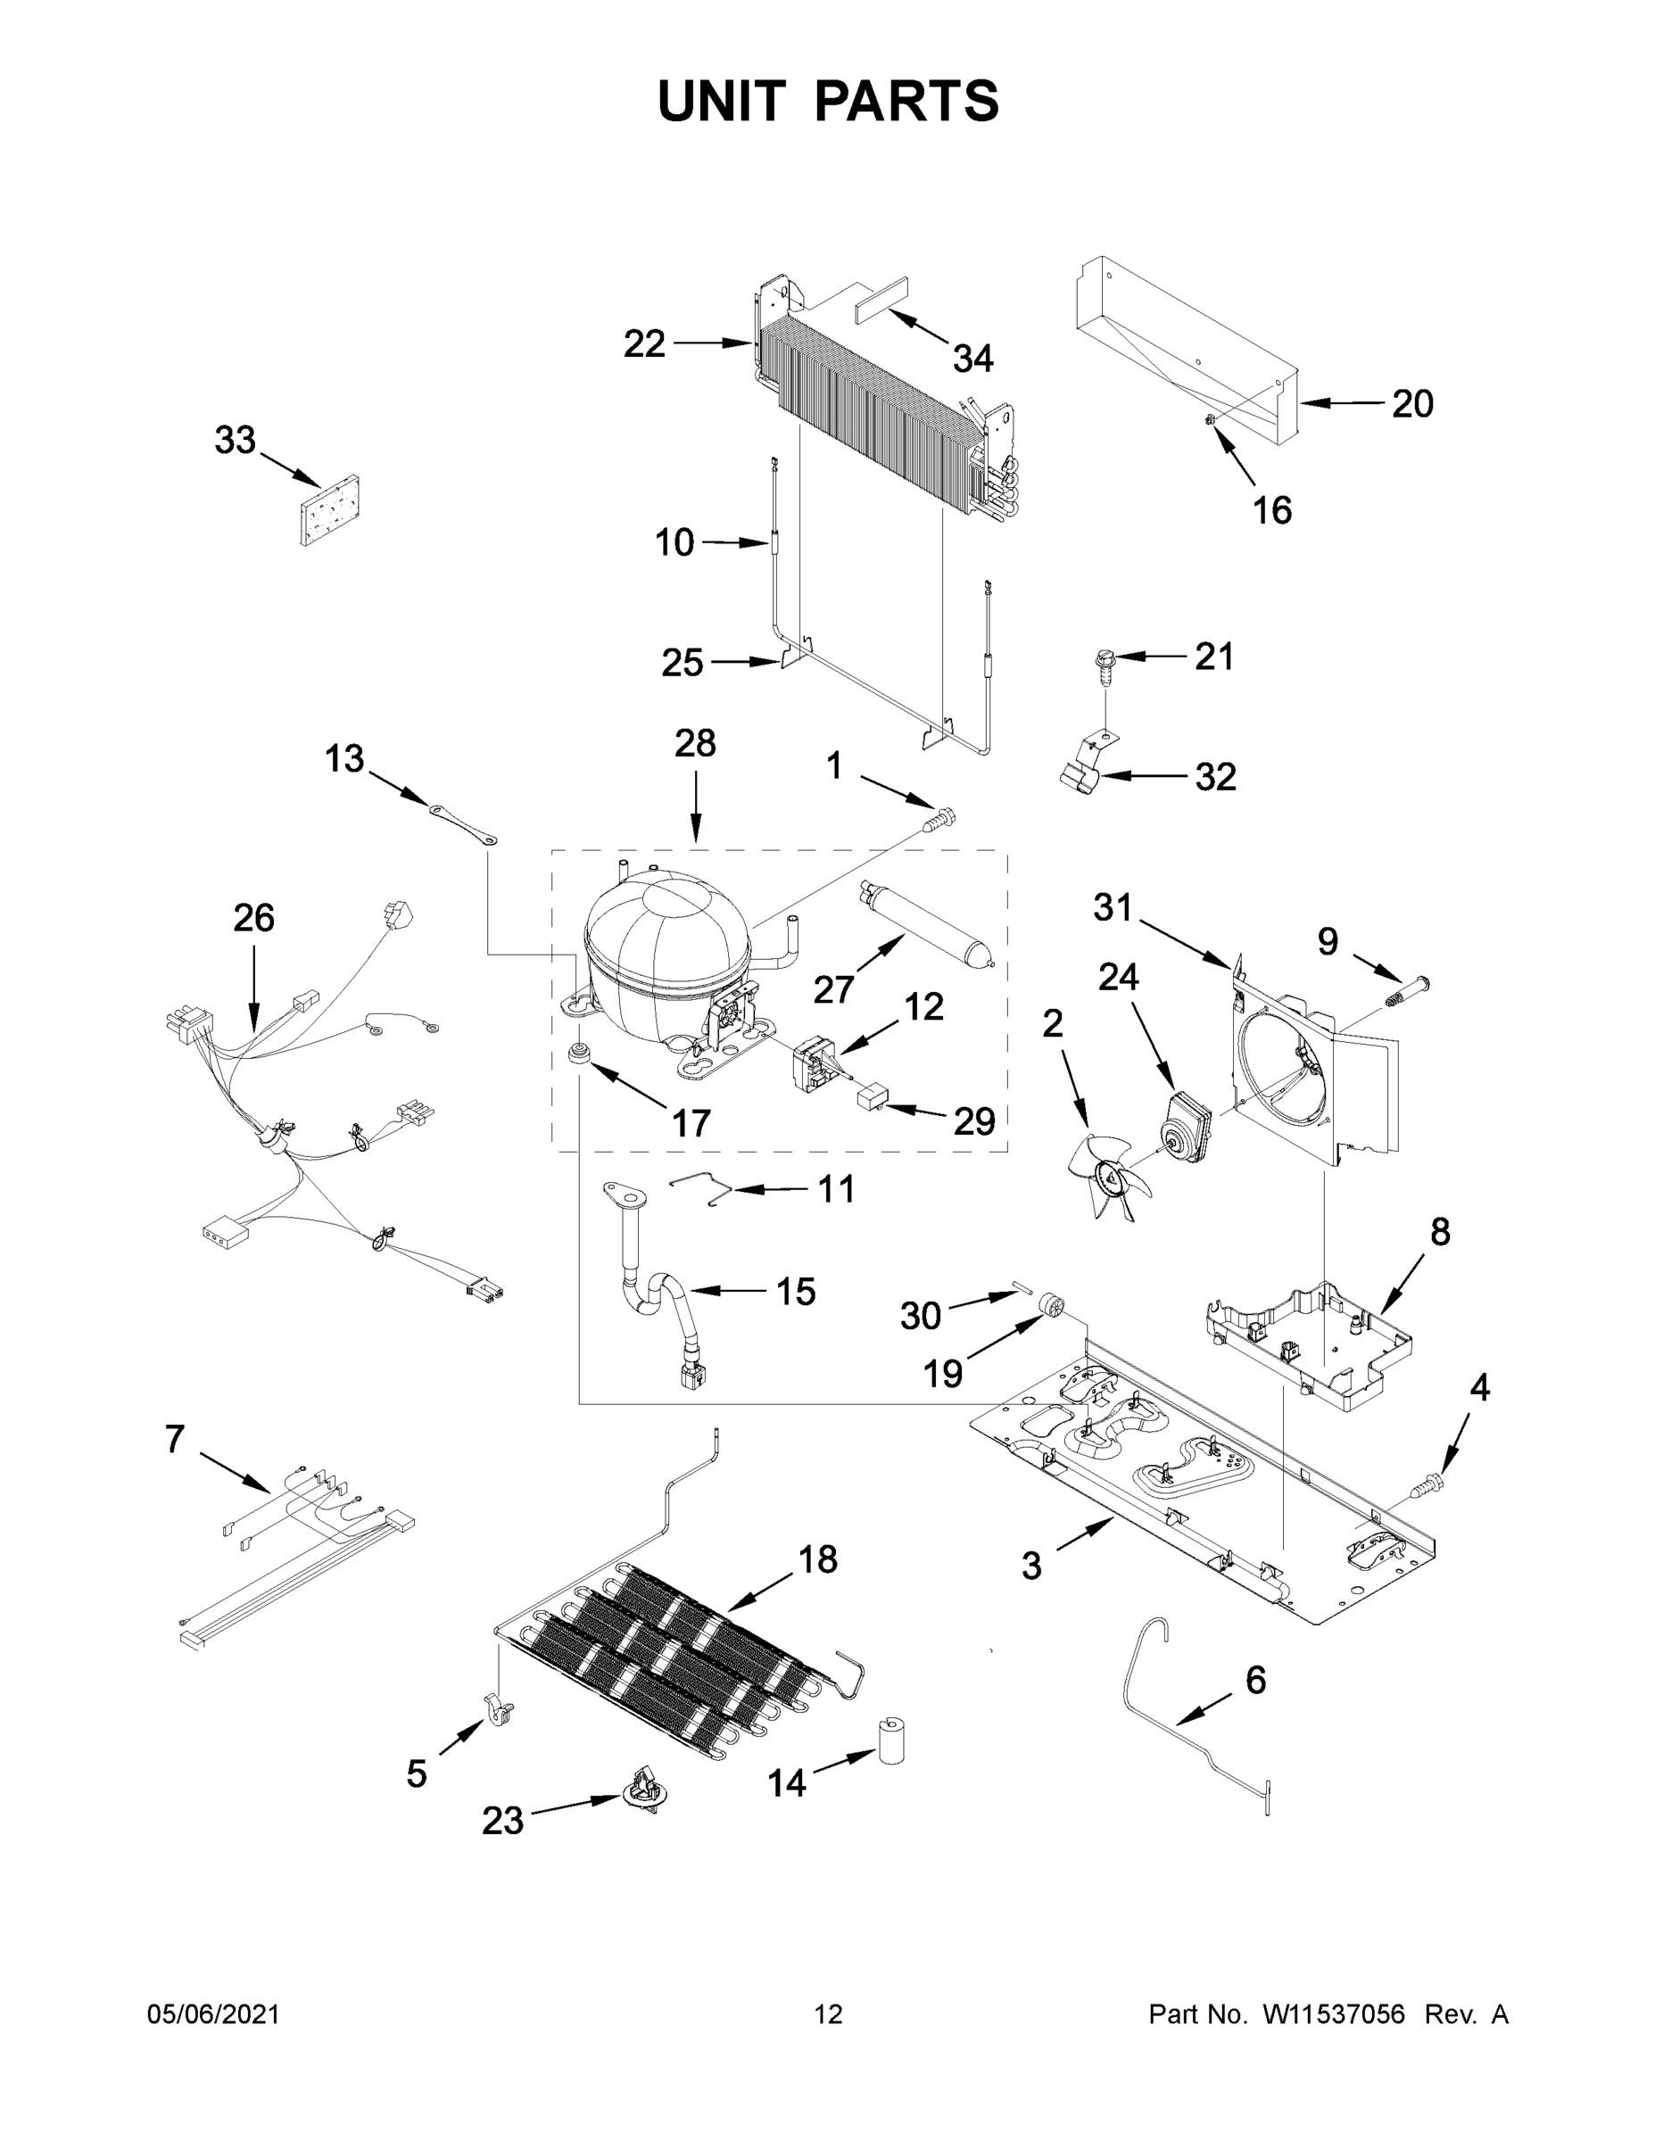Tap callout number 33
[x=236, y=442]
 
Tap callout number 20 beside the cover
[x=1411, y=403]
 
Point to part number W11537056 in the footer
[x=1334, y=2013]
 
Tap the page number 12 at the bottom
[x=828, y=2013]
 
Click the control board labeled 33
[x=329, y=509]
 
